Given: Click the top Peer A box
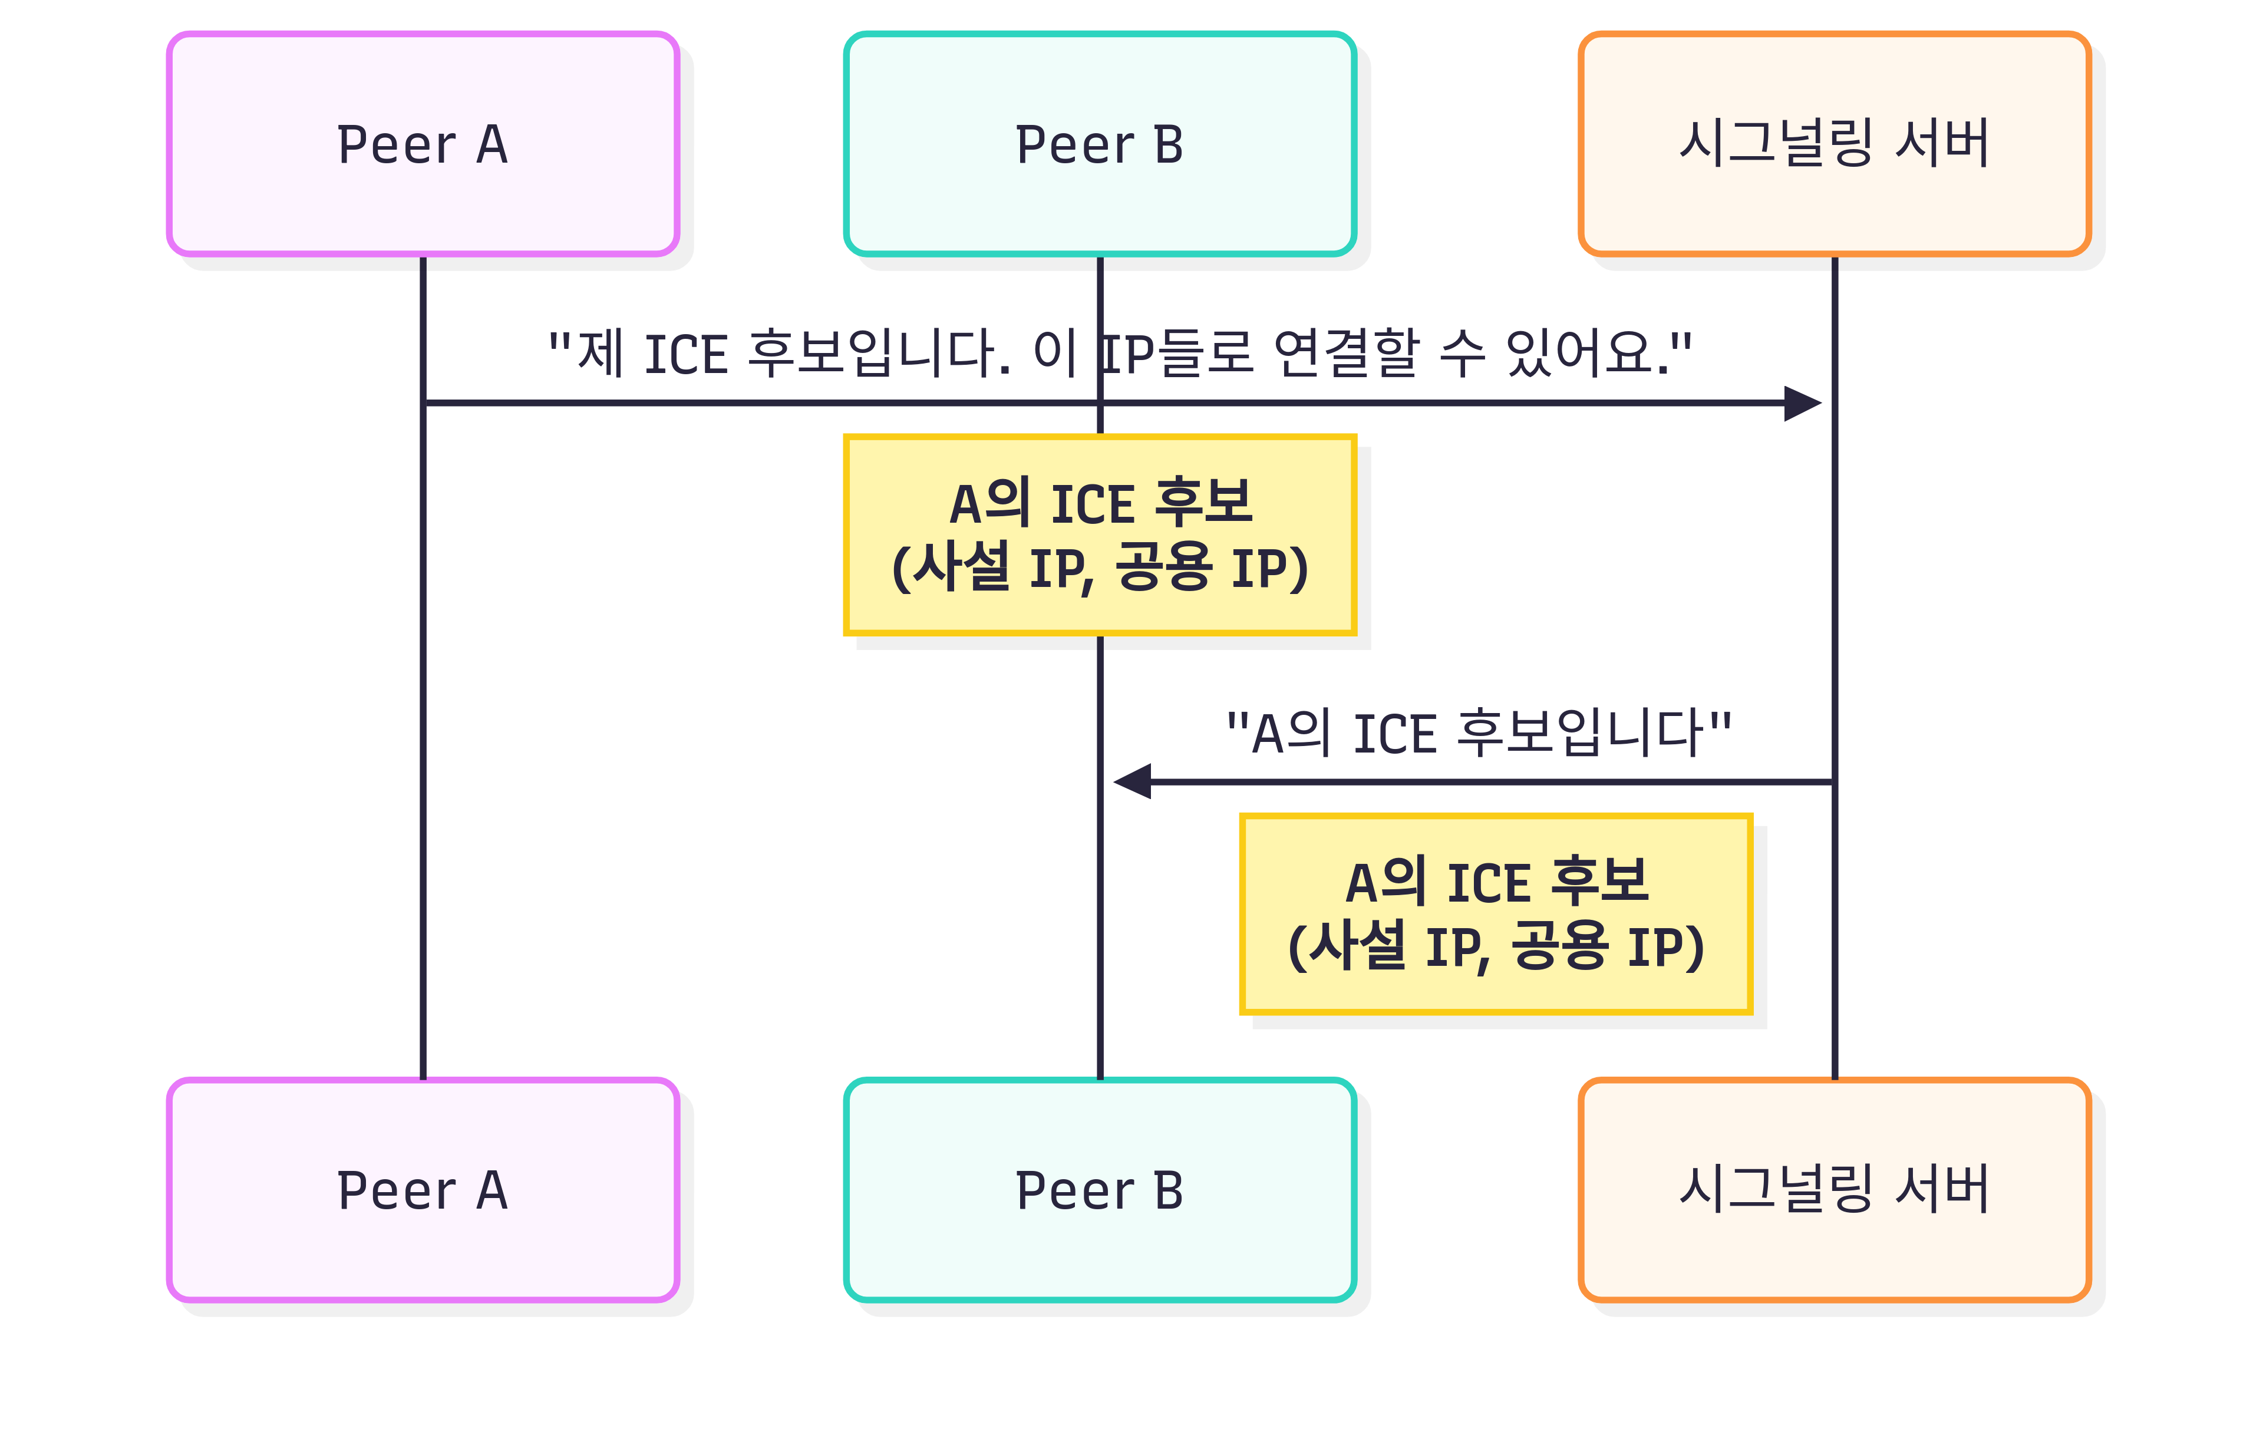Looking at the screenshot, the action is [423, 144].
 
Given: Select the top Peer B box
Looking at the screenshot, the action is [1100, 144].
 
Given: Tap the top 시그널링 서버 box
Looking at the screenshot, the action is [1835, 144].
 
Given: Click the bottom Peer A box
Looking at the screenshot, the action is [423, 1190].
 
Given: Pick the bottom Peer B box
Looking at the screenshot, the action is [1100, 1190].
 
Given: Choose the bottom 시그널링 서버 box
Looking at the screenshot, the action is [1835, 1190].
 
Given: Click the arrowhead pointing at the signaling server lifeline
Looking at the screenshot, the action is [1803, 403].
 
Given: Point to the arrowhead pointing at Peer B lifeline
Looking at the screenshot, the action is [1131, 781].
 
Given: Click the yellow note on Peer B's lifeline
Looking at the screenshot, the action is [1100, 535].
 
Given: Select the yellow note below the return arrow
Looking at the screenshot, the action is [1496, 914].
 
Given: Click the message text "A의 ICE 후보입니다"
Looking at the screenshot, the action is [1478, 733].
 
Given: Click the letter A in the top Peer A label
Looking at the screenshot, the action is [491, 145].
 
